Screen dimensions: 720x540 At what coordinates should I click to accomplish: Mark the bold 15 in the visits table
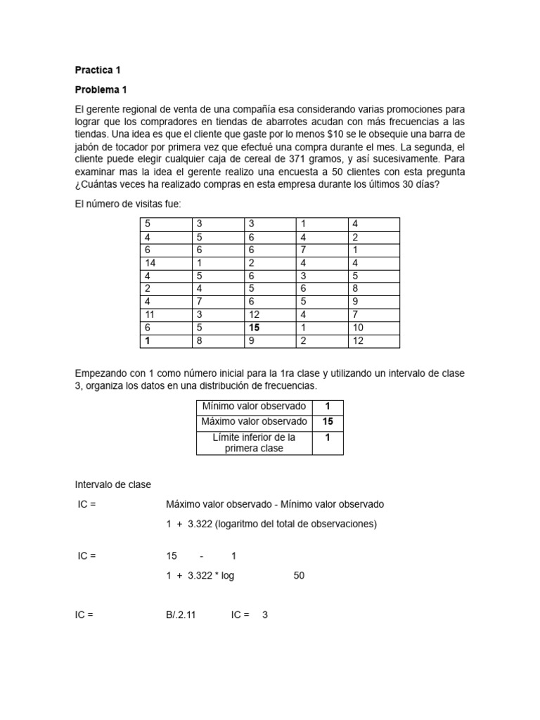(253, 328)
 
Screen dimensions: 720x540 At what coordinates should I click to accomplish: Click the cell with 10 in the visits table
(358, 328)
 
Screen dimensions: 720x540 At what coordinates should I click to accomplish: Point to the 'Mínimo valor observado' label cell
(254, 406)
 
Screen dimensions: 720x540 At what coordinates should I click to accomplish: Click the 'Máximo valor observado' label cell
(254, 422)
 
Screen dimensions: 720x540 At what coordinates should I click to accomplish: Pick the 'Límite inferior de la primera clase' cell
(254, 442)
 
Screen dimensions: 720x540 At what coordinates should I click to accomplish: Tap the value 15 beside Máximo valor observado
(328, 422)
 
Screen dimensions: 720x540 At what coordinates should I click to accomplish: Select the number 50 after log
(299, 575)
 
